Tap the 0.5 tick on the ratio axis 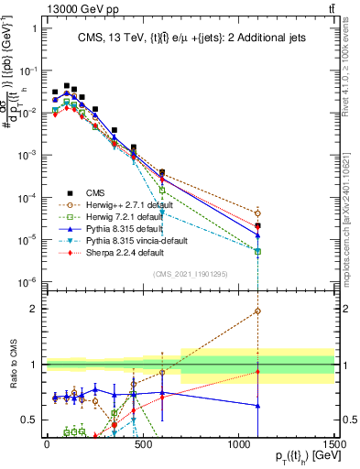32,419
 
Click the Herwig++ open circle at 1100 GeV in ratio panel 257,311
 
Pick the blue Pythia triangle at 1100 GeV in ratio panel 257,405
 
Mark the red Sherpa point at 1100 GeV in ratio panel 257,372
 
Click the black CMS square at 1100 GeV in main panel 257,225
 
